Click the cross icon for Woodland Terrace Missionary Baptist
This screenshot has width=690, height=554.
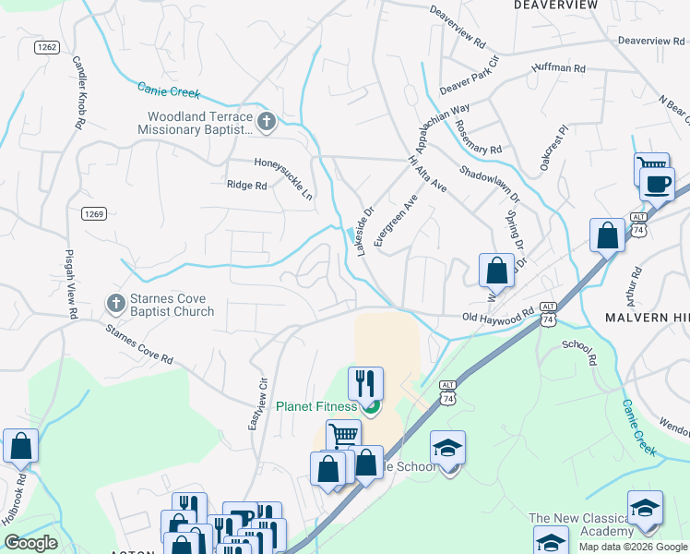point(267,121)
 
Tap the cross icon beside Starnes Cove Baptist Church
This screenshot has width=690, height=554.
point(115,302)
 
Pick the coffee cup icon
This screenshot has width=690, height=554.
point(657,184)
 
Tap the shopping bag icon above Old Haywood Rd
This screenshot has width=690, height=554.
point(496,271)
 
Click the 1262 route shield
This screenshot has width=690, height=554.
point(48,47)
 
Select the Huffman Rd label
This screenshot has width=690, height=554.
point(558,68)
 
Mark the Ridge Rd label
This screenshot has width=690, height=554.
point(246,186)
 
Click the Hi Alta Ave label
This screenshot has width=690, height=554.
point(426,174)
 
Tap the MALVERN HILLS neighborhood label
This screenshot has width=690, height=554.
point(647,317)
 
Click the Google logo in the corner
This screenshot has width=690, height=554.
point(30,543)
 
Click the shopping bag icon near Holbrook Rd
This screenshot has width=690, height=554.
point(20,446)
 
